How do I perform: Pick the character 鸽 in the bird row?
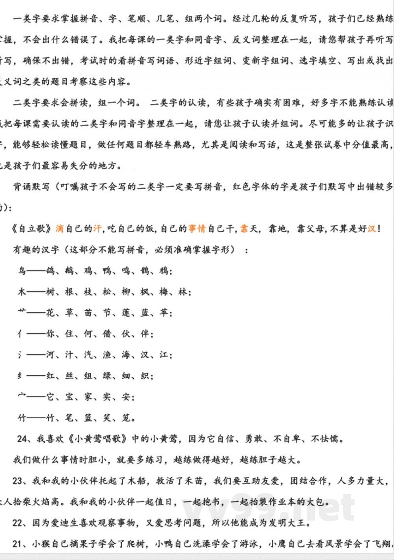(51, 270)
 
